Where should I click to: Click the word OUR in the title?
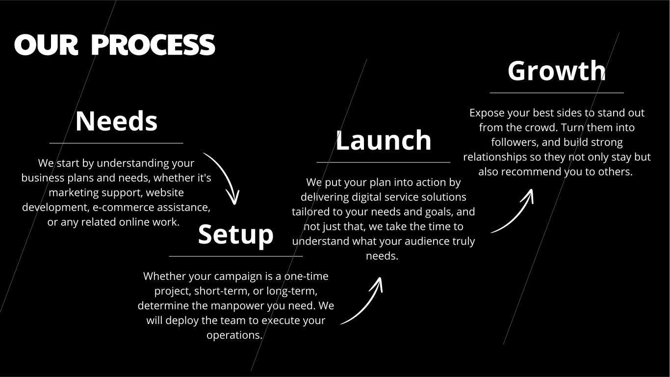tap(46, 45)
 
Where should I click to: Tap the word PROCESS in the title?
tap(153, 45)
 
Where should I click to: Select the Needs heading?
tap(116, 121)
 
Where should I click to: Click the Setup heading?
tap(236, 235)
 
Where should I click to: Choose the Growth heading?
tap(557, 71)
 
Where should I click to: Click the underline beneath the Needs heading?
tap(116, 143)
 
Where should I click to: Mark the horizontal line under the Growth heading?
tap(557, 93)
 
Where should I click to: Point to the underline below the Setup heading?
tap(236, 256)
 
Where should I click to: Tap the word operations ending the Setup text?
tap(234, 335)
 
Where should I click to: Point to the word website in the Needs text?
tap(165, 192)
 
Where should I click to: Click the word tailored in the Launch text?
tap(311, 212)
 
